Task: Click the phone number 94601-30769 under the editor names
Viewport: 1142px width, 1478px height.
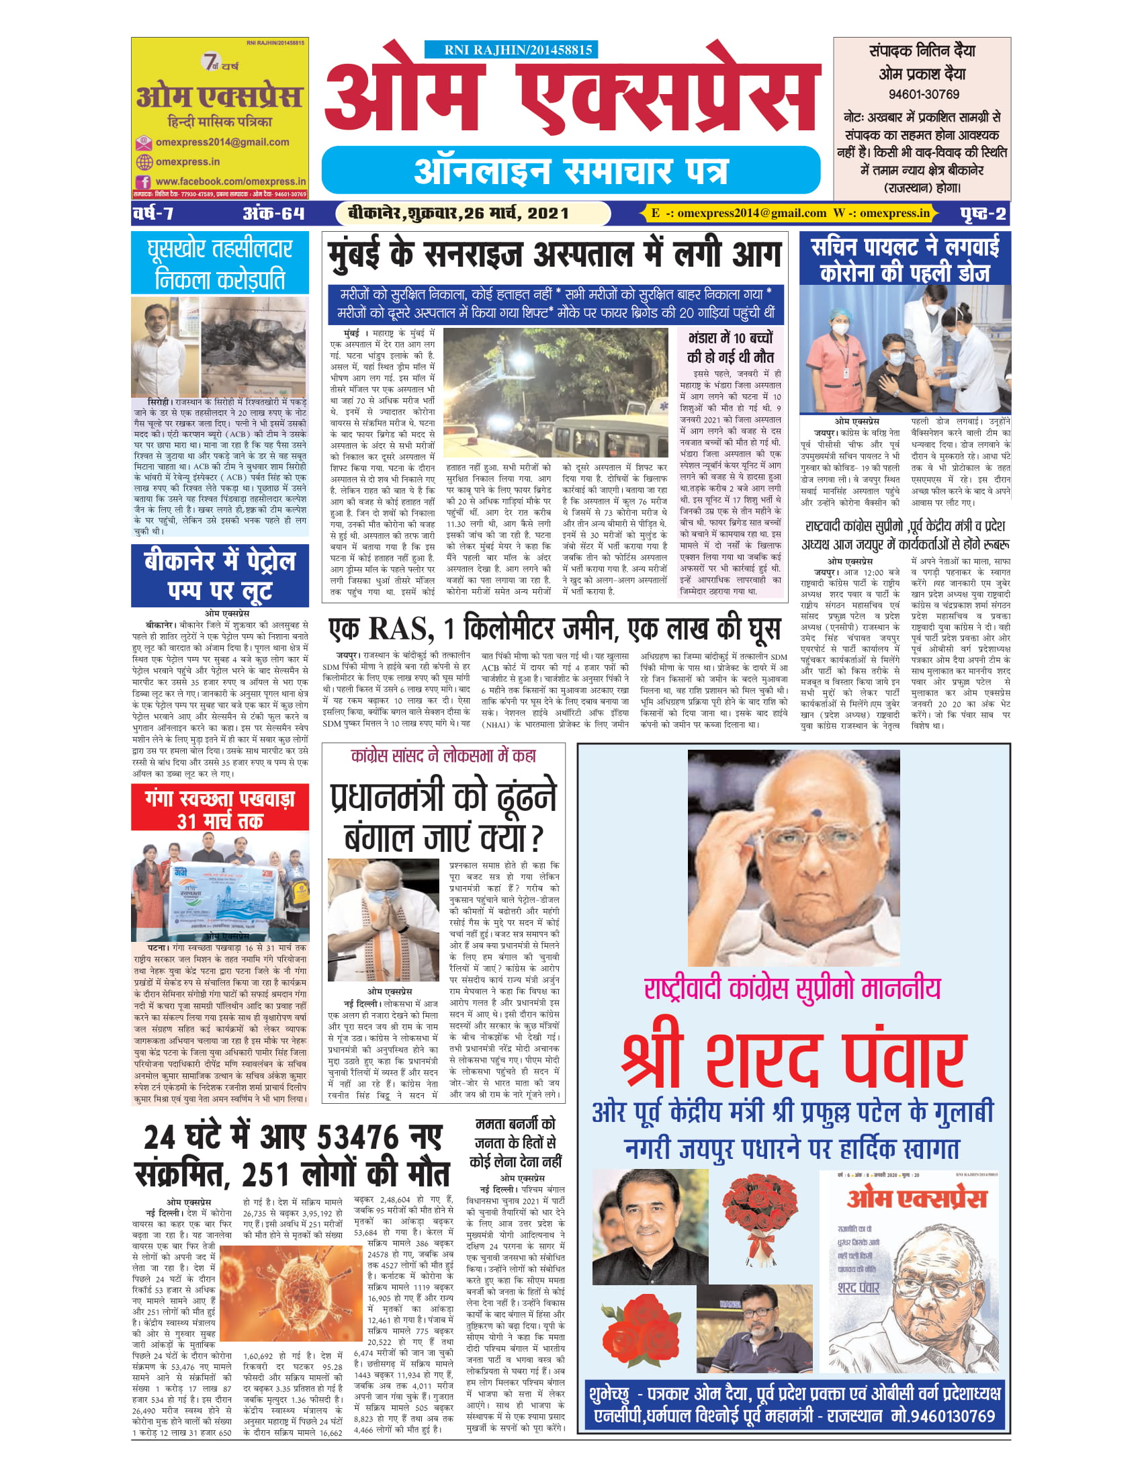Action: pyautogui.click(x=924, y=95)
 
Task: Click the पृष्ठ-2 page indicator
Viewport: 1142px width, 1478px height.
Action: pyautogui.click(x=982, y=214)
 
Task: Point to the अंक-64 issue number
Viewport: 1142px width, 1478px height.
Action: pyautogui.click(x=273, y=214)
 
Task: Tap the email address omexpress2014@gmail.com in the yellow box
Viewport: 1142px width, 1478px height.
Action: pyautogui.click(x=222, y=142)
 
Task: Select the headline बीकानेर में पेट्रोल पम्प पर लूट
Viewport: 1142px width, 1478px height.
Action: pyautogui.click(x=219, y=575)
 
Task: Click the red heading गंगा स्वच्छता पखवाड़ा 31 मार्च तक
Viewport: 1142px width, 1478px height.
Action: pyautogui.click(x=219, y=810)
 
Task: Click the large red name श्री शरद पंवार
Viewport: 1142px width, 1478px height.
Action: pyautogui.click(x=793, y=1061)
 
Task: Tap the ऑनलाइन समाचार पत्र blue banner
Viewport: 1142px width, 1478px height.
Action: pyautogui.click(x=570, y=171)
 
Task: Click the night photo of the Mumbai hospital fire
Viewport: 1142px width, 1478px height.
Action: pyautogui.click(x=555, y=392)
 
